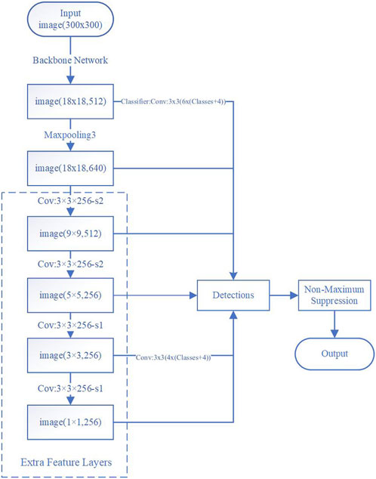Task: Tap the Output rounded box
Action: [x=334, y=354]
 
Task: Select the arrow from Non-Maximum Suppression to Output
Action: [x=334, y=323]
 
